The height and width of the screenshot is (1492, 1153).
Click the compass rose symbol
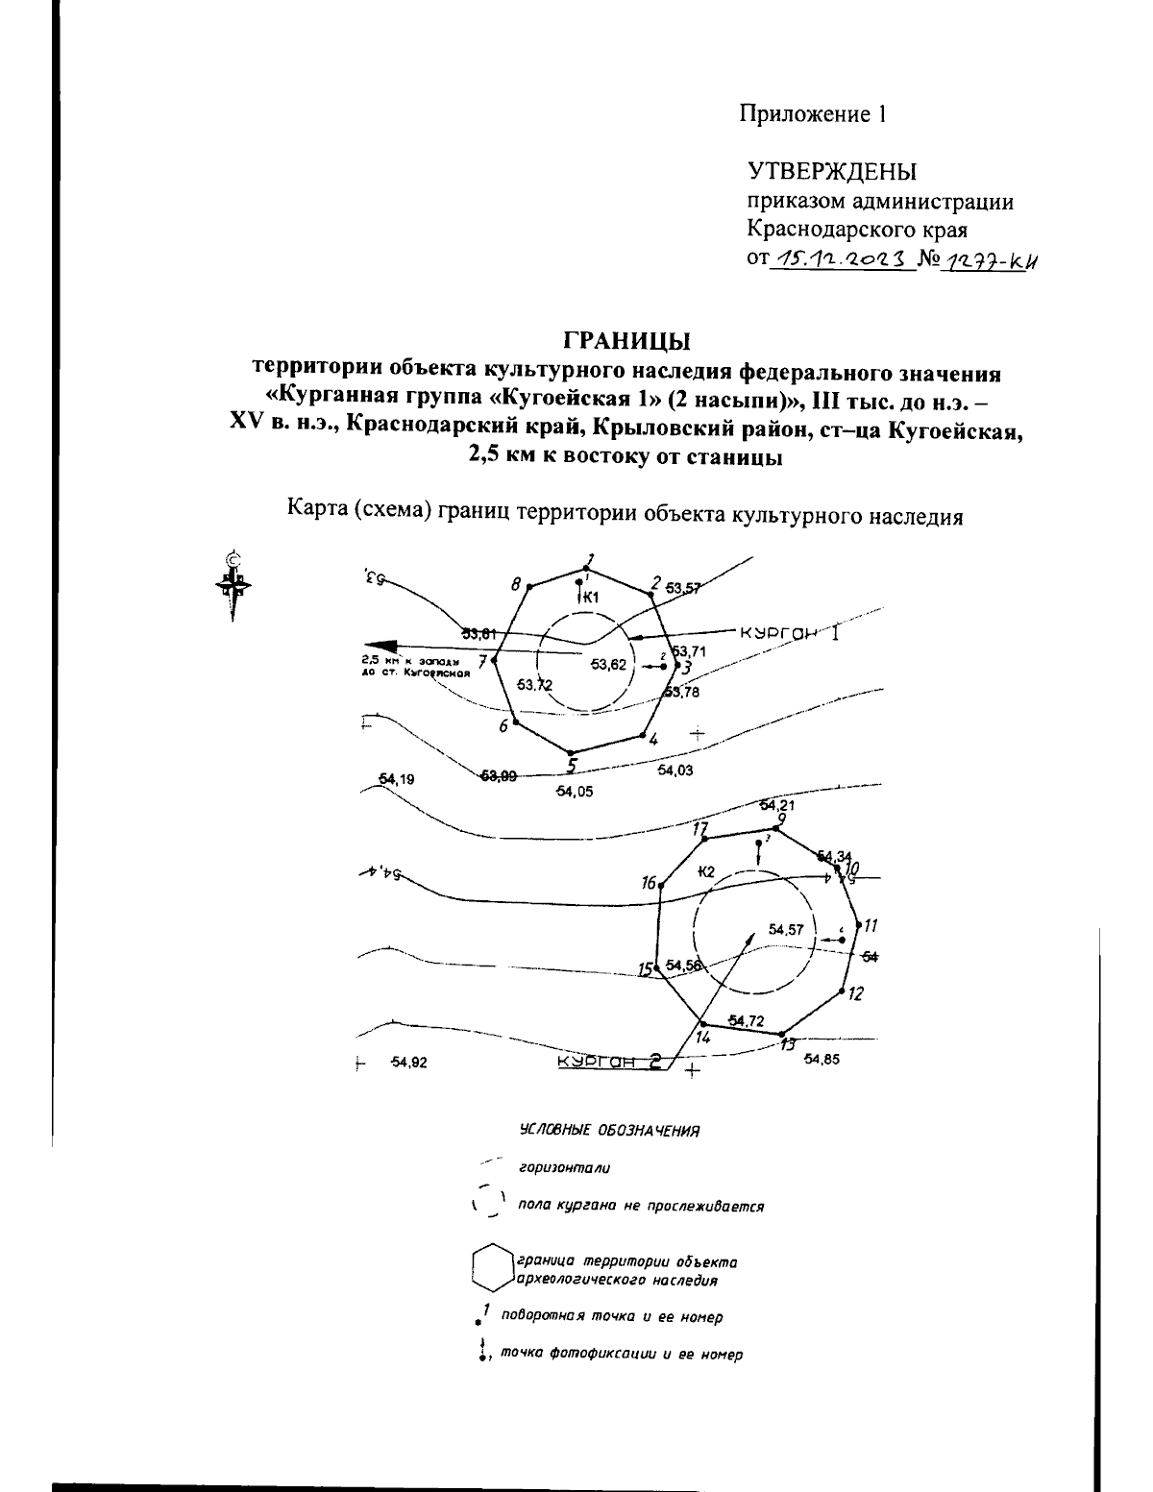(x=233, y=583)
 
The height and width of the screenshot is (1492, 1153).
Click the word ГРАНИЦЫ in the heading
(x=626, y=340)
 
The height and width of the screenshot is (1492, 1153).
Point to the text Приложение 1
(x=812, y=114)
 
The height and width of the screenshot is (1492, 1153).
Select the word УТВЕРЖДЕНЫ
(x=832, y=172)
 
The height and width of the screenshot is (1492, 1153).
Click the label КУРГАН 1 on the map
(x=789, y=634)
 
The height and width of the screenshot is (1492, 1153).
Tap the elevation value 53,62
(x=608, y=664)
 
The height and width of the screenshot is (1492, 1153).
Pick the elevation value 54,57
(x=785, y=929)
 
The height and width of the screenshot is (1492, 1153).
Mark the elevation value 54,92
(x=408, y=1063)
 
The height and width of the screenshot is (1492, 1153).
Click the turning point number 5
(x=572, y=766)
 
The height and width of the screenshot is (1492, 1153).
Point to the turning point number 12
(x=855, y=993)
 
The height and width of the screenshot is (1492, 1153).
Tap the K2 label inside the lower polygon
(x=706, y=871)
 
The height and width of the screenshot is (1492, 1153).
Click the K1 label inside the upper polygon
(x=591, y=598)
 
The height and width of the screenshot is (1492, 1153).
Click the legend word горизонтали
(x=564, y=1168)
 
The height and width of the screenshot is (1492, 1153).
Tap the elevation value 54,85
(x=822, y=1060)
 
